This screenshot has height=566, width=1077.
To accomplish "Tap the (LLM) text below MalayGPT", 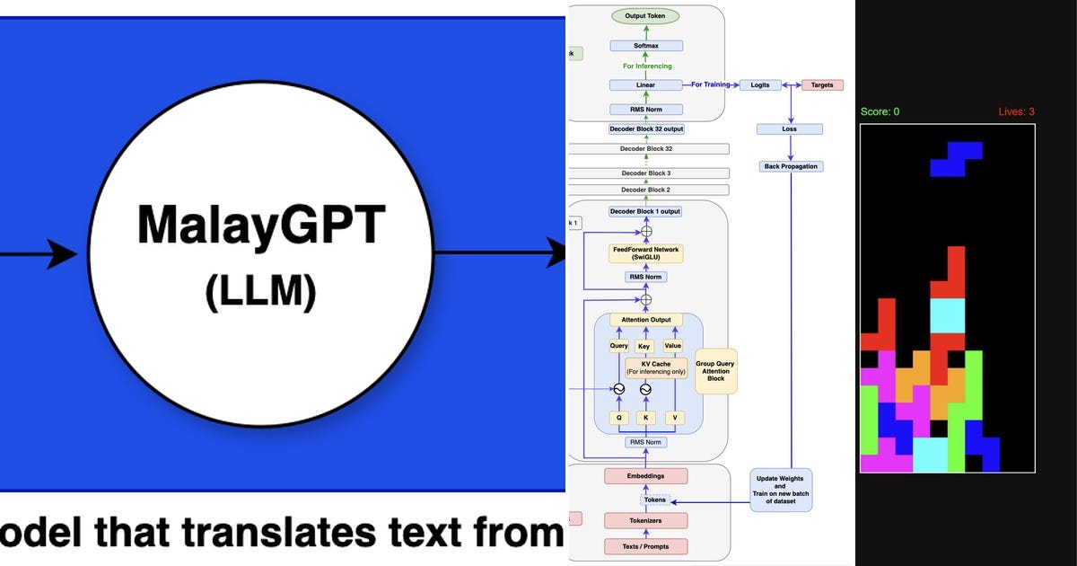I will [x=260, y=292].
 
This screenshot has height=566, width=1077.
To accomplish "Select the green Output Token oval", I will [x=645, y=16].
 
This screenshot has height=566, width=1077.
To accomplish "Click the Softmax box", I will [x=645, y=45].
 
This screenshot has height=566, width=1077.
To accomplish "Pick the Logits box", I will [x=759, y=85].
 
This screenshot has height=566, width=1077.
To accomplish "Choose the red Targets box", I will [x=822, y=85].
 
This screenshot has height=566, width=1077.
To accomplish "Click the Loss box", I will [x=790, y=129].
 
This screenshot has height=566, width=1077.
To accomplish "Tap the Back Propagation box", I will [x=790, y=166].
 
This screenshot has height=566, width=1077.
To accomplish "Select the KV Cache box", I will [x=650, y=367].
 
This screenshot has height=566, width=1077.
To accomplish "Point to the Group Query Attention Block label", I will [x=715, y=371].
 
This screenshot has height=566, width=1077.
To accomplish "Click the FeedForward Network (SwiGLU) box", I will [x=645, y=253].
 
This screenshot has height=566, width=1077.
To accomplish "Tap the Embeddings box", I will [x=645, y=475].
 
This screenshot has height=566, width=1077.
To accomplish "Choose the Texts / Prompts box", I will [x=645, y=546].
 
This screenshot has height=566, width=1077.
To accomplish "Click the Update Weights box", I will [x=782, y=490].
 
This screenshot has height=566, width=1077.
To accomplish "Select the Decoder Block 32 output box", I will [x=645, y=129].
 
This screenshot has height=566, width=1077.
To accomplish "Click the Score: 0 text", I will [x=880, y=111].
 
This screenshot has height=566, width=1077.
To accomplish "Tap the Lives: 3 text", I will [x=1016, y=111].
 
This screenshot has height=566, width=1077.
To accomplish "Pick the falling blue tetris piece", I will [x=956, y=159].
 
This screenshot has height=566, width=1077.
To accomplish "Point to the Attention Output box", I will [x=645, y=320].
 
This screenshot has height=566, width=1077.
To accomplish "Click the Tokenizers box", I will [x=645, y=520].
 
